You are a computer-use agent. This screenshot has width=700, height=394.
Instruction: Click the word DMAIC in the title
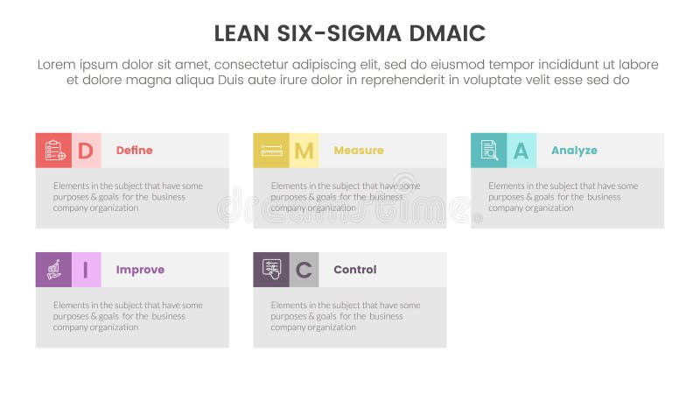click(442, 34)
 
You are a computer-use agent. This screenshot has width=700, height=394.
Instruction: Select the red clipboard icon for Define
click(54, 151)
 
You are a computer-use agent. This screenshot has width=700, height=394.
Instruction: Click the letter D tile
click(86, 151)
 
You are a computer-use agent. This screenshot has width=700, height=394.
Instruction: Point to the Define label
click(134, 151)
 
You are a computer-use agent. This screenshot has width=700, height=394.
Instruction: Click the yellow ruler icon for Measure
click(271, 151)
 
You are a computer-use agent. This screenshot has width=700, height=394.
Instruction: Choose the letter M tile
click(304, 151)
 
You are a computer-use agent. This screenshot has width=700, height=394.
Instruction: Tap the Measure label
click(358, 151)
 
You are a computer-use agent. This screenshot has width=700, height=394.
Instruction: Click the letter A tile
click(521, 151)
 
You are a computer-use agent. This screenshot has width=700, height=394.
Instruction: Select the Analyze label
click(574, 151)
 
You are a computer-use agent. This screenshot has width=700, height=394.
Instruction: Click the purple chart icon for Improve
click(54, 270)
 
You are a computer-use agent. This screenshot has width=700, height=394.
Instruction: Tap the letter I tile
click(86, 270)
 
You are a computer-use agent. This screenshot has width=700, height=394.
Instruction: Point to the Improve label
click(140, 270)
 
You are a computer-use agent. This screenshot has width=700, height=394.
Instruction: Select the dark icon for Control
click(271, 270)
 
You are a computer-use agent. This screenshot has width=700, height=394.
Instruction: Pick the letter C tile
click(304, 270)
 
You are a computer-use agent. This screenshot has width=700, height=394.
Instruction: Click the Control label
click(354, 270)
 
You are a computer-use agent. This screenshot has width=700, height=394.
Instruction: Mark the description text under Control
click(345, 316)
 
